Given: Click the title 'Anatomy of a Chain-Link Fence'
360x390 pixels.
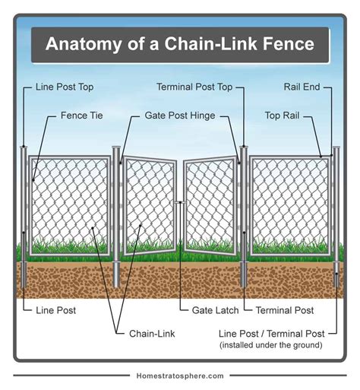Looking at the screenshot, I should click(180, 44).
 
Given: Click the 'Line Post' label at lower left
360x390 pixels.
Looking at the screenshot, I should click(56, 311).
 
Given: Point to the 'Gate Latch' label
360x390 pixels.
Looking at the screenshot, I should click(209, 311).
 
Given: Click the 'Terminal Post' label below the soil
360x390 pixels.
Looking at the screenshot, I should click(285, 311).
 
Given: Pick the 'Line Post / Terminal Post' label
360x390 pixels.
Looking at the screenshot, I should click(271, 333).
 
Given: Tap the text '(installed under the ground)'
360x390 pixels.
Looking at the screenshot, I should click(271, 346).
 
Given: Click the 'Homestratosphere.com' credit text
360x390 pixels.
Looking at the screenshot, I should click(180, 376).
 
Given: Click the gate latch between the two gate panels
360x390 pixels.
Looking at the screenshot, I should click(180, 202).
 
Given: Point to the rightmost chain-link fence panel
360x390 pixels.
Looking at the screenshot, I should click(291, 205).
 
